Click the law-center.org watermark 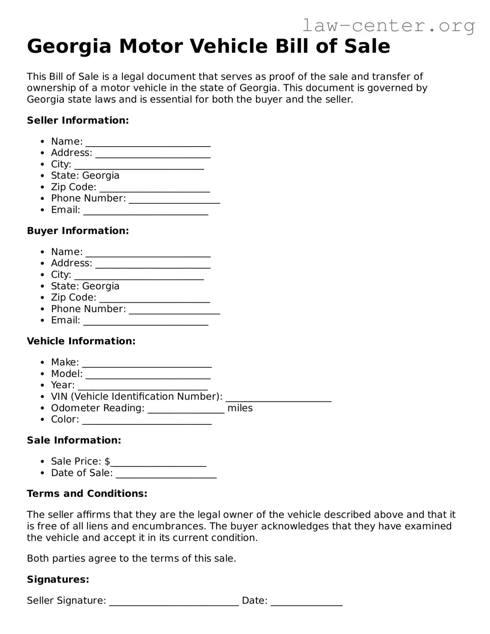coord(388,26)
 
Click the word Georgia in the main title coord(69,46)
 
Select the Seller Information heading coord(78,120)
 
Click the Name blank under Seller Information coord(148,143)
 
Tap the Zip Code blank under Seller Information coord(154,188)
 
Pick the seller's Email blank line coord(146,211)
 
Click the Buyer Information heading coord(78,231)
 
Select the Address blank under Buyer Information coord(153,264)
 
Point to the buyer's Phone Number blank coord(174,310)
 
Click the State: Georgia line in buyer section coord(85,286)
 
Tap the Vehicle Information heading coord(81,341)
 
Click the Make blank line coord(147,363)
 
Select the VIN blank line coord(279,398)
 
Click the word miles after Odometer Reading coord(240,408)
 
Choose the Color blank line coord(147,420)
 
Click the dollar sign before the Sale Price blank coord(107,461)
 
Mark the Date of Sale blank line coord(166,474)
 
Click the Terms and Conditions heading coord(87,493)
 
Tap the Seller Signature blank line coord(174,602)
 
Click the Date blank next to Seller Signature coord(307,602)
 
